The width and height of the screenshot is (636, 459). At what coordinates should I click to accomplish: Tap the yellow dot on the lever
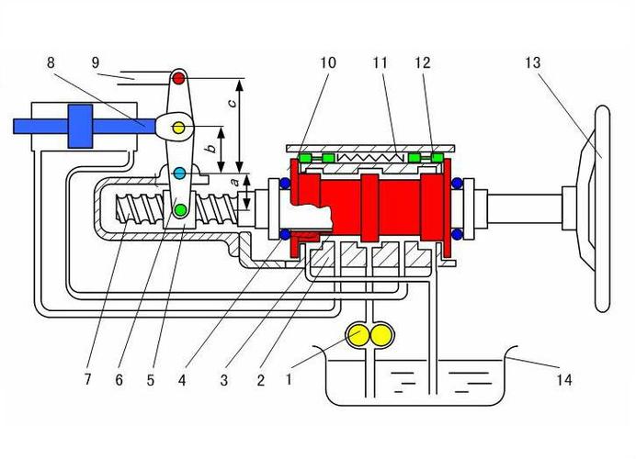click(x=179, y=126)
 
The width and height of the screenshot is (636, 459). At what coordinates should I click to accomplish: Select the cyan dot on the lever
click(x=179, y=173)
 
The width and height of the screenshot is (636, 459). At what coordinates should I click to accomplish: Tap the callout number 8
click(x=50, y=62)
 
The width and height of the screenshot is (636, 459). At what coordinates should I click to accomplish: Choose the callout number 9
click(x=95, y=62)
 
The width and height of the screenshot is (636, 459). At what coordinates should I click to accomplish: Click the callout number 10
click(x=328, y=62)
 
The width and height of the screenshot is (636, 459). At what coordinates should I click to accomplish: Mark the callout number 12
click(x=423, y=62)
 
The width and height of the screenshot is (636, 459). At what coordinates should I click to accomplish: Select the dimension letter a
click(x=233, y=183)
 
